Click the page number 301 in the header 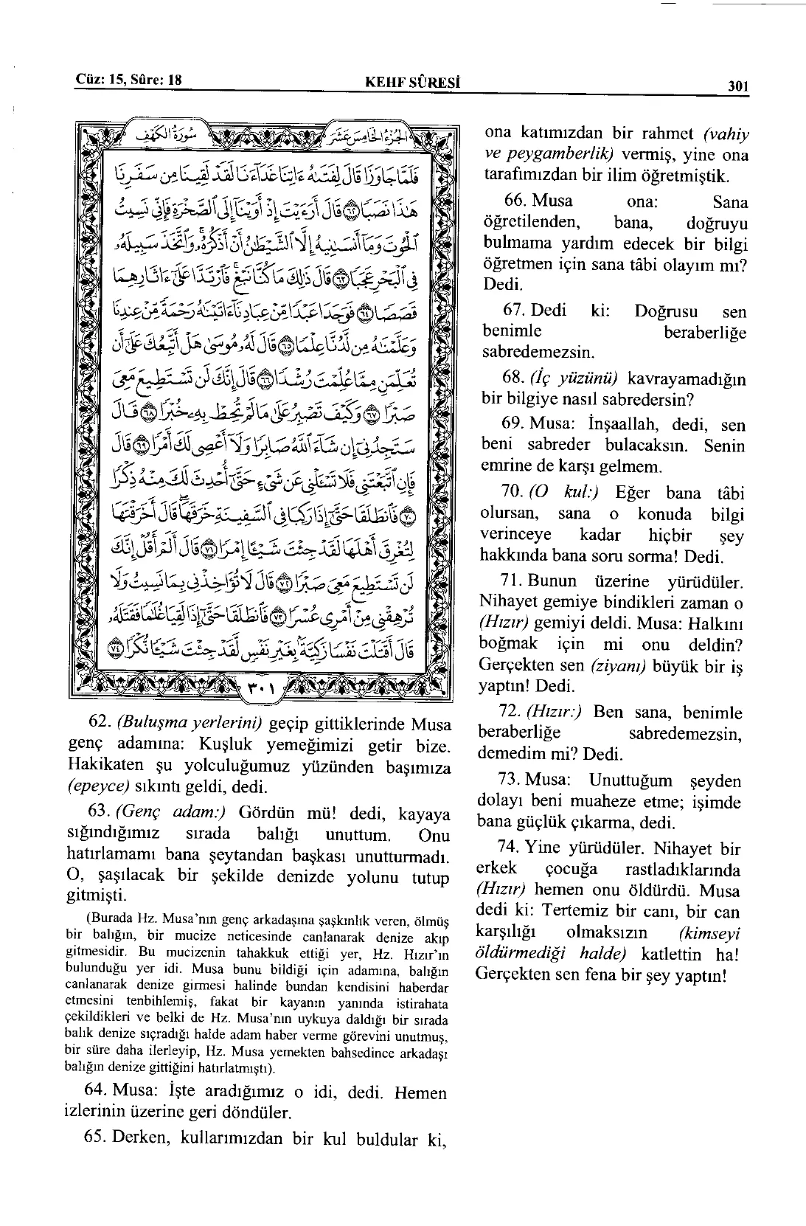click(x=737, y=86)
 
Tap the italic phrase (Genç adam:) click(x=170, y=813)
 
